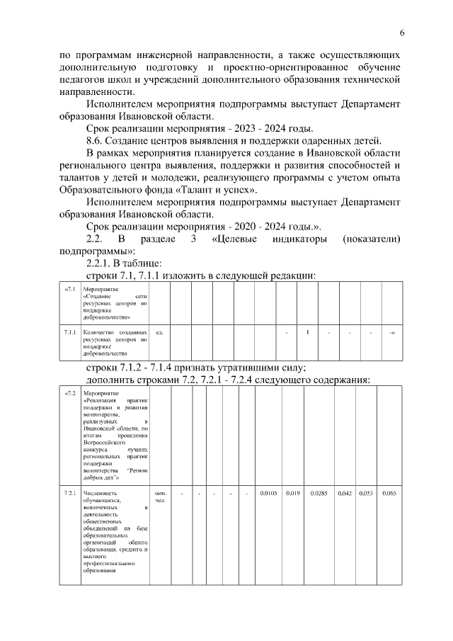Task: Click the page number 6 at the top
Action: point(402,33)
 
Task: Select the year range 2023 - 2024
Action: point(256,129)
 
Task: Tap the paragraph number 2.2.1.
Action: point(101,264)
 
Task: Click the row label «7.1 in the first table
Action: point(70,290)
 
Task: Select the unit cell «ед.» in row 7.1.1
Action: point(159,332)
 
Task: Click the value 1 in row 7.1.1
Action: point(307,332)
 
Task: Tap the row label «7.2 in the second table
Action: point(70,393)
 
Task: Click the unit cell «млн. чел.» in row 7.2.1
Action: point(159,497)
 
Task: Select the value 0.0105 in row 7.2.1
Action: point(268,493)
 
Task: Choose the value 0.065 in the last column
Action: point(389,493)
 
